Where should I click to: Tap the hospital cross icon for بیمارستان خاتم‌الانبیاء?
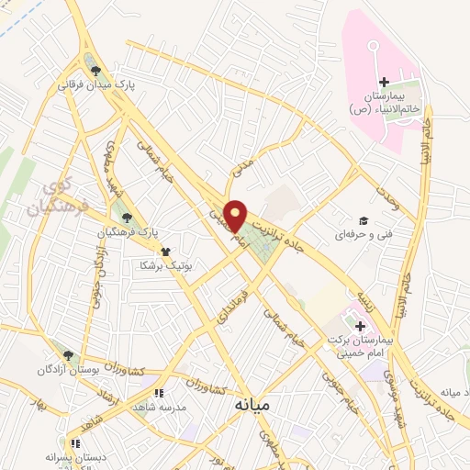(x=384, y=84)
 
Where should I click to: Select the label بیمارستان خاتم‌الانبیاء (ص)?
(x=384, y=102)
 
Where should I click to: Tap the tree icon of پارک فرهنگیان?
(x=128, y=218)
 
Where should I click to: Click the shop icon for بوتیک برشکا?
(x=165, y=251)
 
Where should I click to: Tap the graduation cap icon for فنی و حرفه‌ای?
(x=364, y=220)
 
